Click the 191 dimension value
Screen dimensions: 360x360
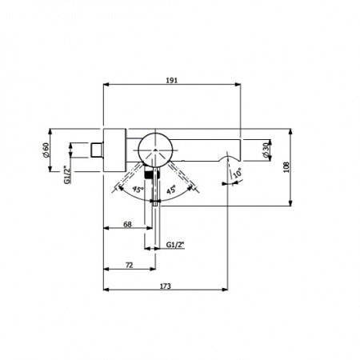pos(172,80)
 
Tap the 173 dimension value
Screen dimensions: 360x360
pos(166,286)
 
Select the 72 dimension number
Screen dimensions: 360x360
pos(129,266)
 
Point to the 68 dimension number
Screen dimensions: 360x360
pos(128,225)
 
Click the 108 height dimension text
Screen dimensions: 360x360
pos(286,167)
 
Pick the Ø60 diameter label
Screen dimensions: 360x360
pos(46,150)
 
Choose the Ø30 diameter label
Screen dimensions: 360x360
pos(266,150)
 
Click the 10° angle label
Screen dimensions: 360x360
pos(238,173)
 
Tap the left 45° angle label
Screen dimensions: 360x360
pos(138,190)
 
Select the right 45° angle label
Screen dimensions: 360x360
pos(171,190)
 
